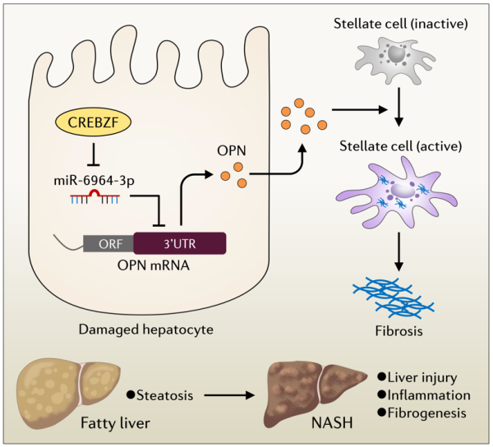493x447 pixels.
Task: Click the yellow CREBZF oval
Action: tap(96, 123)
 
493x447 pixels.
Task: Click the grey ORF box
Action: tap(108, 244)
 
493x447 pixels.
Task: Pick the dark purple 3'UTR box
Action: tap(180, 244)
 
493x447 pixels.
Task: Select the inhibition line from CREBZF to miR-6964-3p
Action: tap(96, 154)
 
